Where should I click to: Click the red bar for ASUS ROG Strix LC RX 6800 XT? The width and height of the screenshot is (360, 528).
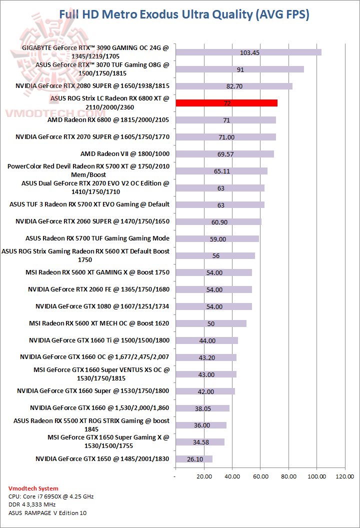click(x=226, y=103)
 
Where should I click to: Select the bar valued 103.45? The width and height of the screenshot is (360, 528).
click(x=248, y=52)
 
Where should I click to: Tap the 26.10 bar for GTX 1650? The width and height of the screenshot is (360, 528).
click(x=194, y=459)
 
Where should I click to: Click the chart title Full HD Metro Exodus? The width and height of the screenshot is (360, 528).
click(x=184, y=14)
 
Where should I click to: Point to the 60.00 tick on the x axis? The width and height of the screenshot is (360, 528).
click(x=260, y=476)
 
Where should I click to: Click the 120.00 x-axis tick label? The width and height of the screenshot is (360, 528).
click(x=344, y=476)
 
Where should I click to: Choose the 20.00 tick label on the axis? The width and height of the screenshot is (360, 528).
click(x=203, y=476)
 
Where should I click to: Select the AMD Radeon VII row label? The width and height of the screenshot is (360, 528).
click(x=124, y=154)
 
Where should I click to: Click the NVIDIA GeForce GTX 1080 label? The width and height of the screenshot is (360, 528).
click(x=102, y=306)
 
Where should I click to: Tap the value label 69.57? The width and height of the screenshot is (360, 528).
click(x=225, y=154)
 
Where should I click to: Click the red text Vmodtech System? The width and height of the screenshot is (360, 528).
click(x=33, y=488)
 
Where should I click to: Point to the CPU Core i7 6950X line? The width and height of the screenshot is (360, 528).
click(x=51, y=496)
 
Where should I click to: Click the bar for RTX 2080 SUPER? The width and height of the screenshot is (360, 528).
click(x=233, y=86)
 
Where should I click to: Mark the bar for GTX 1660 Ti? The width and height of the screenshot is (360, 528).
click(x=206, y=340)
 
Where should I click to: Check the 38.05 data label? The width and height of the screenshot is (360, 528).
click(x=202, y=408)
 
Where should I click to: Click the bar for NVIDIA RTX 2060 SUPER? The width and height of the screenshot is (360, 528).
click(x=218, y=221)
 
